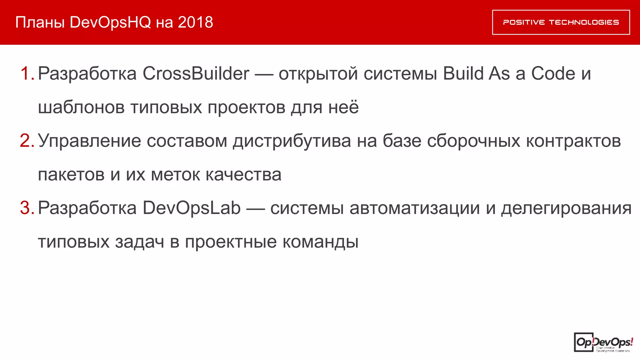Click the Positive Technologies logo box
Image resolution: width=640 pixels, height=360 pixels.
[561, 22]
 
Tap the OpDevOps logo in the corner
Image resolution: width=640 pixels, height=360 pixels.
[603, 342]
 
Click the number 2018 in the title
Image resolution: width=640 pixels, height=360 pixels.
[195, 22]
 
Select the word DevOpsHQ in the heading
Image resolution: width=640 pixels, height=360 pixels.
[110, 22]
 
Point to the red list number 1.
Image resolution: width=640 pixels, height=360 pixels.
[27, 74]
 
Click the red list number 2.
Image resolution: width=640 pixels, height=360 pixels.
[27, 141]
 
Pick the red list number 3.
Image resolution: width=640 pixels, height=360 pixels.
[27, 208]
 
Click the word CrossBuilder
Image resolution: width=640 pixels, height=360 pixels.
[196, 74]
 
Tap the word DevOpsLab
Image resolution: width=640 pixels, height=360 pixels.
[192, 208]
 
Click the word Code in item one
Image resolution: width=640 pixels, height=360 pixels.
[553, 74]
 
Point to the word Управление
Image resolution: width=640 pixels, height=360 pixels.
[89, 141]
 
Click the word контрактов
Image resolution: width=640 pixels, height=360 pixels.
[573, 141]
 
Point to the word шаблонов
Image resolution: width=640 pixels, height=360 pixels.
[81, 107]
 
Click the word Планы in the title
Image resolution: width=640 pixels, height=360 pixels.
[40, 22]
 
